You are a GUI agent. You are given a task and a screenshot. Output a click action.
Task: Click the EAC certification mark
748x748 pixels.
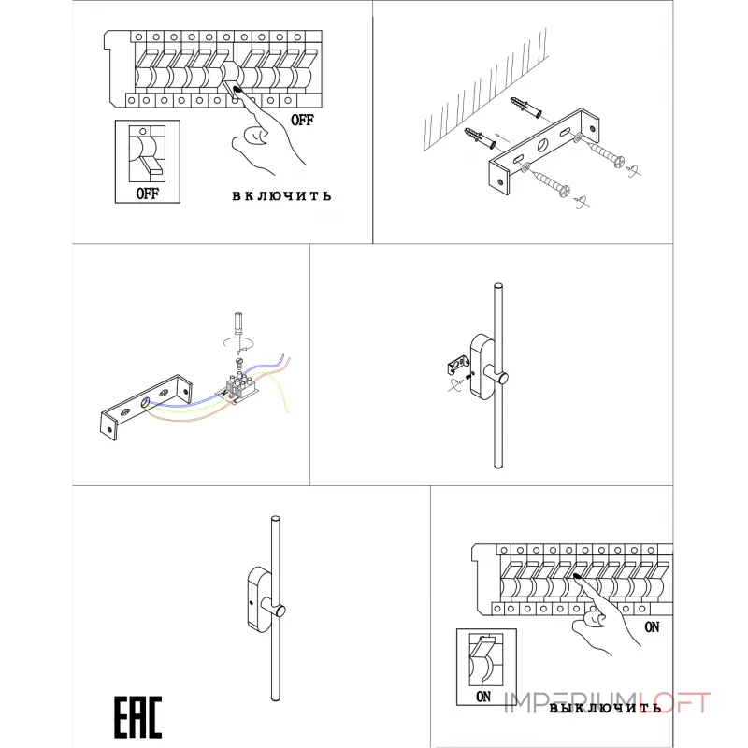[137, 716]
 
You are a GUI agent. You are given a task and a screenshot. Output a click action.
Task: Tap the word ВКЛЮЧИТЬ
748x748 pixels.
[281, 196]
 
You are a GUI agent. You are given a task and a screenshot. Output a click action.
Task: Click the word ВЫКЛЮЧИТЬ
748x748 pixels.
[605, 708]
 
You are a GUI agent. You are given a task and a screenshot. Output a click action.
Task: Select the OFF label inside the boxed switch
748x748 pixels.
[148, 194]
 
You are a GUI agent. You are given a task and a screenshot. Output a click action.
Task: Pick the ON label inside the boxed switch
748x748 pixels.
[483, 697]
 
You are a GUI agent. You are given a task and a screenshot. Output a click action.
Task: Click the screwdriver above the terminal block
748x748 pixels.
[238, 333]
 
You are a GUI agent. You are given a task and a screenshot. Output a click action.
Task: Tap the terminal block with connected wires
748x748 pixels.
[242, 386]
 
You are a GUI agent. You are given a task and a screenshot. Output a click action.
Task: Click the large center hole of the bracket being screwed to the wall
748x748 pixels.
[543, 144]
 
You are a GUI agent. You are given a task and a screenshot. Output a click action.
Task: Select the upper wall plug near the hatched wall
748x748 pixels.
[526, 108]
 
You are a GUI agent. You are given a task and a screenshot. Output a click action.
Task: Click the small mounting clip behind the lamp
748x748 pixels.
[458, 365]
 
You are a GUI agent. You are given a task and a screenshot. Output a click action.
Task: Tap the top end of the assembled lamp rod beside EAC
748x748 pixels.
[275, 519]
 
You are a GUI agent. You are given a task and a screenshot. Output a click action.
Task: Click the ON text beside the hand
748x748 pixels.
[652, 626]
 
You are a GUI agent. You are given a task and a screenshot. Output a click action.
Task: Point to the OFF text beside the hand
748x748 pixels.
[302, 120]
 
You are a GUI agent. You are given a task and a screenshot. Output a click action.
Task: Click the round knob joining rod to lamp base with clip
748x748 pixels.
[501, 378]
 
